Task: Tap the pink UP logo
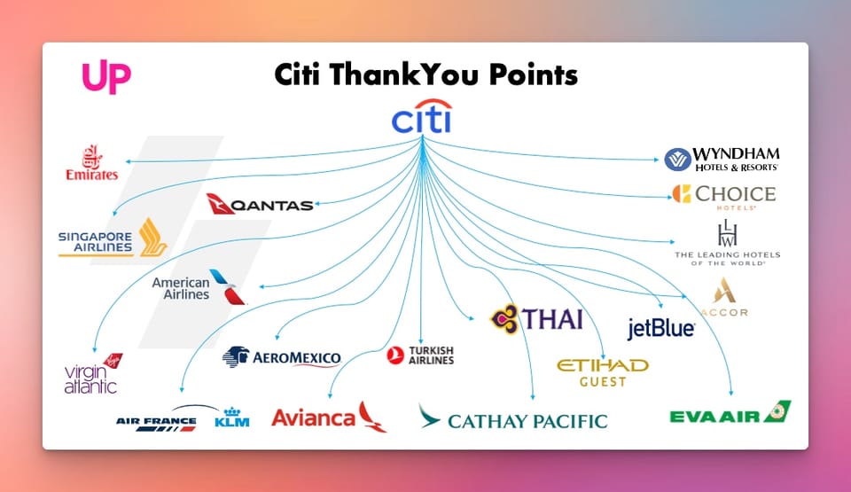pos(106,77)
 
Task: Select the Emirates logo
pos(92,164)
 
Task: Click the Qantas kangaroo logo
pos(260,204)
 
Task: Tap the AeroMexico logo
pos(282,357)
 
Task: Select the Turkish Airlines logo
pos(420,355)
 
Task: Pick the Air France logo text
pos(155,421)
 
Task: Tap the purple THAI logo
pos(537,318)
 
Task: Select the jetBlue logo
pos(661,329)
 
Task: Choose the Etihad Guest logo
pos(603,371)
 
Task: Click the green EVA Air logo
pos(730,413)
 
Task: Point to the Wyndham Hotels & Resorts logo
pos(722,159)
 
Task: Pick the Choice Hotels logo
pos(723,196)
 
